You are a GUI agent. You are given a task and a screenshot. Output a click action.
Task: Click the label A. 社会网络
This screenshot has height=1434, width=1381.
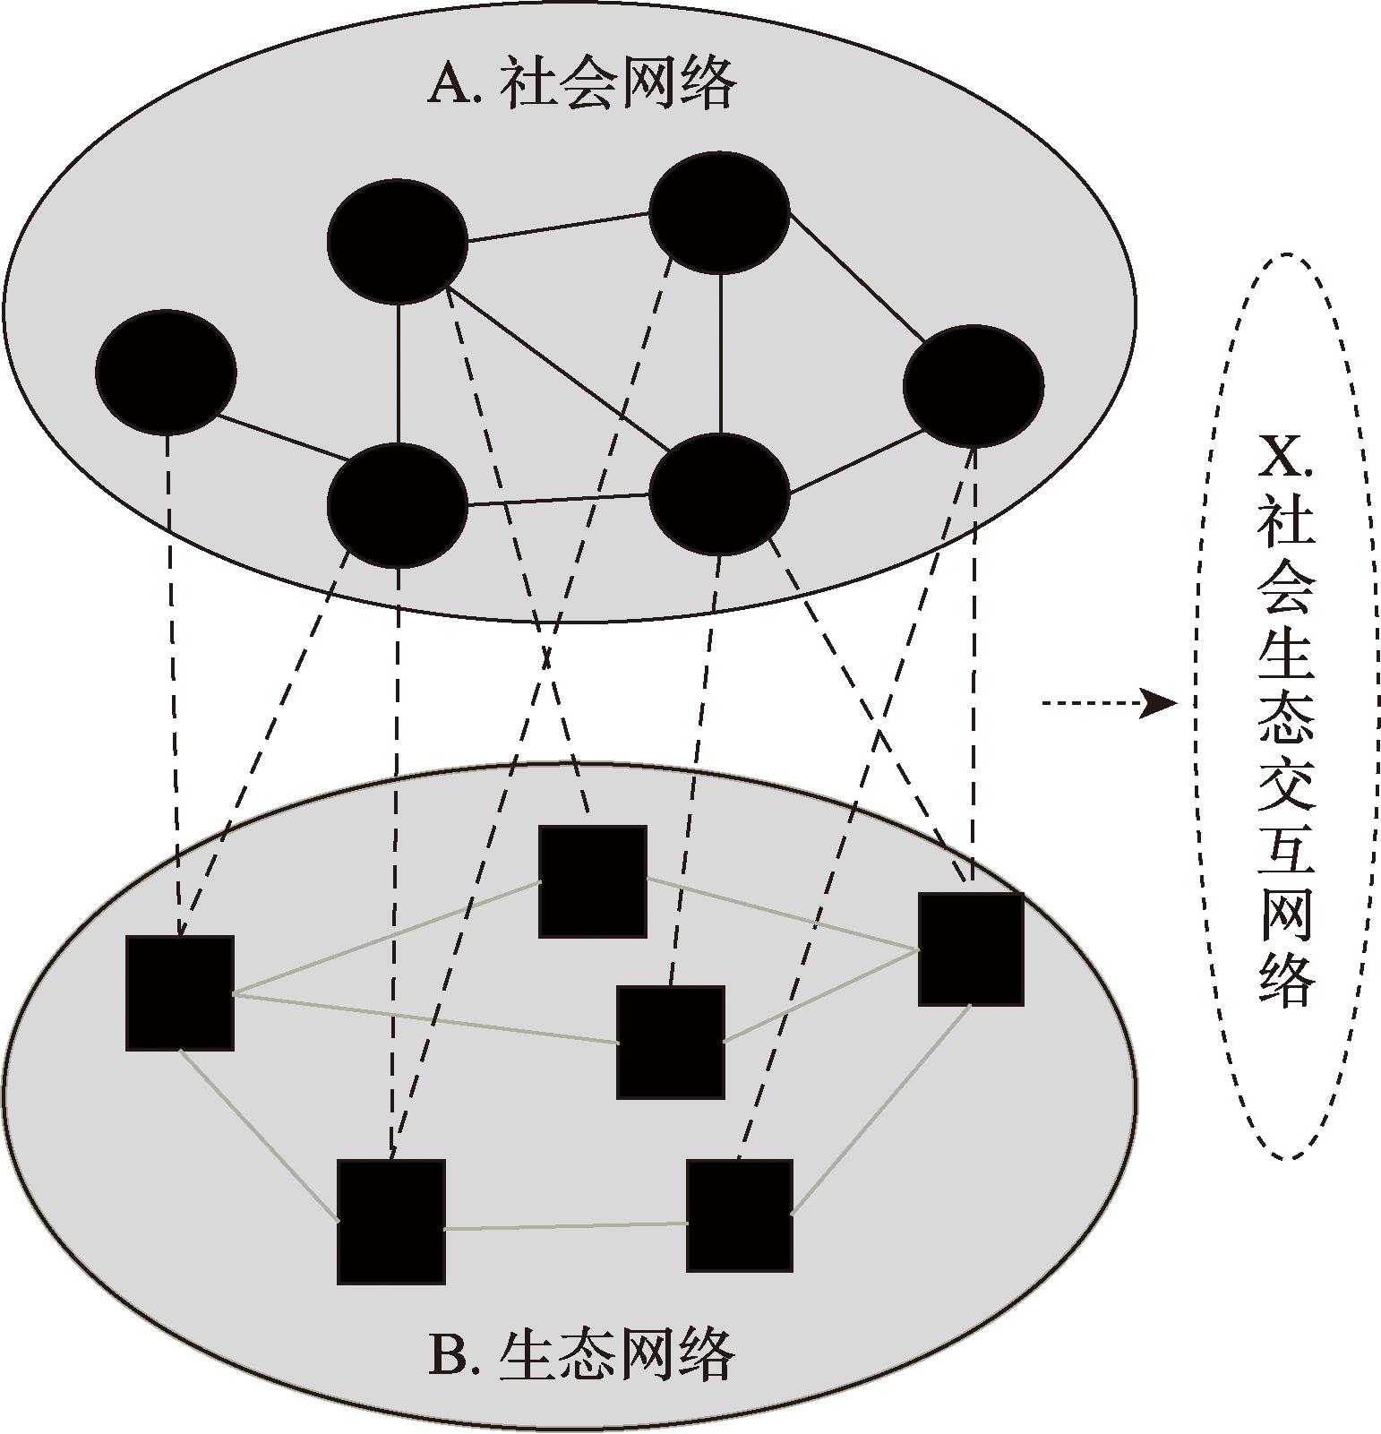[583, 84]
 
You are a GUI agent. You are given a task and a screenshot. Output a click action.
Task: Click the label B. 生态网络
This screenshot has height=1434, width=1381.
[581, 1355]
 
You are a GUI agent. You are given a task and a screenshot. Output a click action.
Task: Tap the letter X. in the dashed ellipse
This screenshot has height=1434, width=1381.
[1285, 461]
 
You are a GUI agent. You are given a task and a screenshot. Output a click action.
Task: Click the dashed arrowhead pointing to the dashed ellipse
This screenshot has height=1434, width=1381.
[1159, 703]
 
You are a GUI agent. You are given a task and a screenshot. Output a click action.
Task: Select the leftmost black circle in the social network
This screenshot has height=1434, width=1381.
[166, 372]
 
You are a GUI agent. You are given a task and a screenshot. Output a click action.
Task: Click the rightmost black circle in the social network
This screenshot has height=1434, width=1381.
[974, 386]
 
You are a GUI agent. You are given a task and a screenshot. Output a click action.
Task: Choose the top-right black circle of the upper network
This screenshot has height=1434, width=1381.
[719, 212]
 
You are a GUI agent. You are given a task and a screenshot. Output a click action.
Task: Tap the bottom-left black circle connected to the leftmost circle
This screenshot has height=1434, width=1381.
[398, 505]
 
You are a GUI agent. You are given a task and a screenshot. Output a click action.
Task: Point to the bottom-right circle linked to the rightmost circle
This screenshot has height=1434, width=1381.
[719, 494]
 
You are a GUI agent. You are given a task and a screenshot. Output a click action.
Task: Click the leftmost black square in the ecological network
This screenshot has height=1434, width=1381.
[180, 992]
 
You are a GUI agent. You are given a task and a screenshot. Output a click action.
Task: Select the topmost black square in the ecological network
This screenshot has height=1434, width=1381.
[593, 881]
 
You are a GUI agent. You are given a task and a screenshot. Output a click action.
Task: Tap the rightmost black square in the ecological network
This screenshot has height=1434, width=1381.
[972, 949]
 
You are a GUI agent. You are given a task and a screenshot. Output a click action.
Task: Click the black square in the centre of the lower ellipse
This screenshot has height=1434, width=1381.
[671, 1043]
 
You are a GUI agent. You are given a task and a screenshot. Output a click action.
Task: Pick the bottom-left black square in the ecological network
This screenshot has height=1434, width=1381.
[391, 1222]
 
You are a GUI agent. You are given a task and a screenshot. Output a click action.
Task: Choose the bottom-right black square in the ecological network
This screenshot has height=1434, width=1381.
[740, 1215]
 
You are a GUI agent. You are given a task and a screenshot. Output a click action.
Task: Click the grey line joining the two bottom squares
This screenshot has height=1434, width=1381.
[566, 1225]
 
